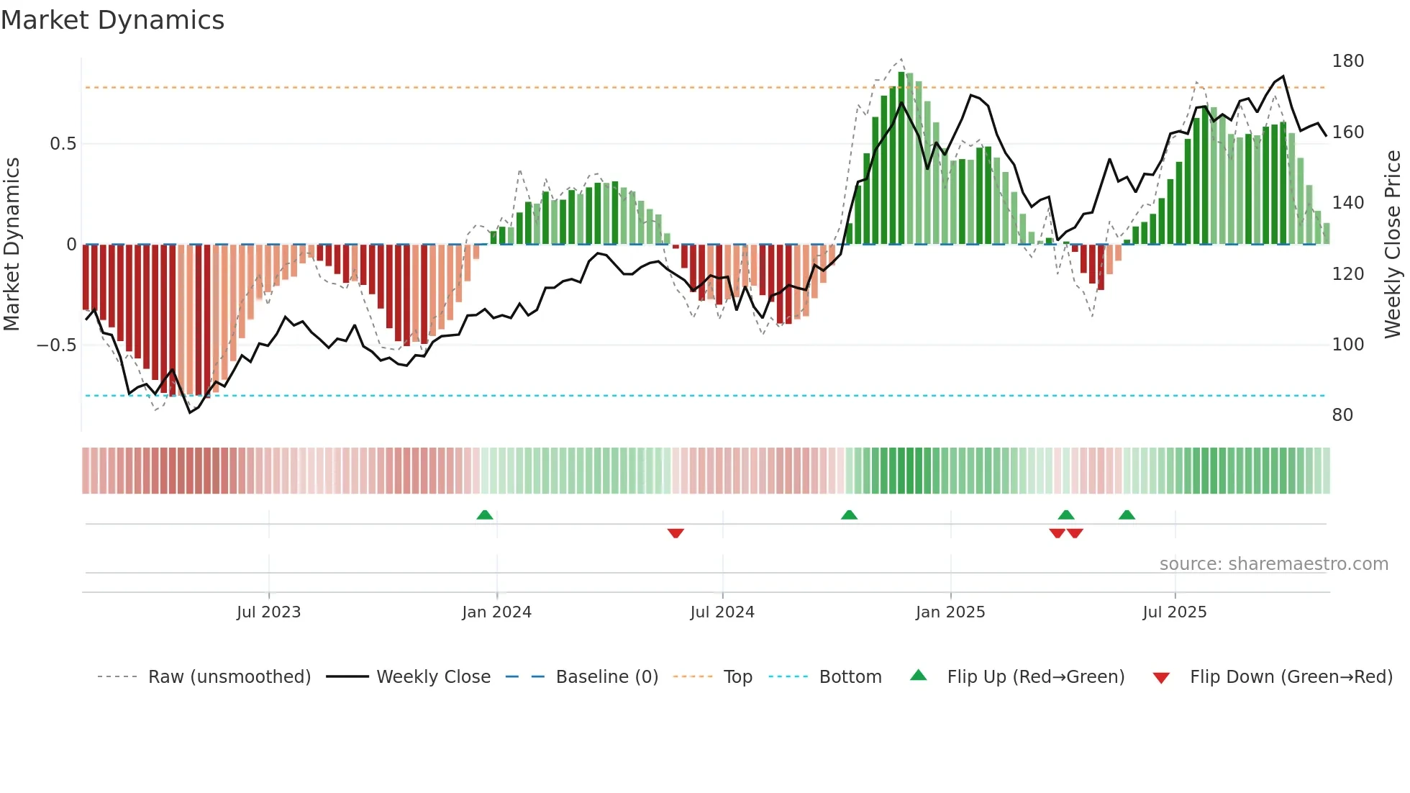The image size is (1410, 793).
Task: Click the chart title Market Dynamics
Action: point(112,20)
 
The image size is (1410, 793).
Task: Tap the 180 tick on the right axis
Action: point(1347,61)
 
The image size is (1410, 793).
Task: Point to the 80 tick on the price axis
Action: point(1342,415)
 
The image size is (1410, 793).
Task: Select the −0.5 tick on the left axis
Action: point(56,345)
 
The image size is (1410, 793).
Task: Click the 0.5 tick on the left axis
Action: point(63,144)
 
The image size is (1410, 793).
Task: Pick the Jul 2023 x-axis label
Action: point(268,612)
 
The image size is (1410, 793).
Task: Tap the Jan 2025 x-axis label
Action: point(950,612)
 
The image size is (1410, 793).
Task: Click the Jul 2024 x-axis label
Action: point(722,612)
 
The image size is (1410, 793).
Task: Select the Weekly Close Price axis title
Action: point(1393,245)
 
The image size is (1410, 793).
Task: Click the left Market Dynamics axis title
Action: point(12,245)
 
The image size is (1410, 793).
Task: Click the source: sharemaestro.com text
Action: point(1273,564)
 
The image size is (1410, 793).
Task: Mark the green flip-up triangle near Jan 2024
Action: point(485,515)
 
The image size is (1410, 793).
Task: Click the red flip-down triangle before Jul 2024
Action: point(676,533)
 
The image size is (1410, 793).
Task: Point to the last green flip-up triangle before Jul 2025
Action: point(1127,515)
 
